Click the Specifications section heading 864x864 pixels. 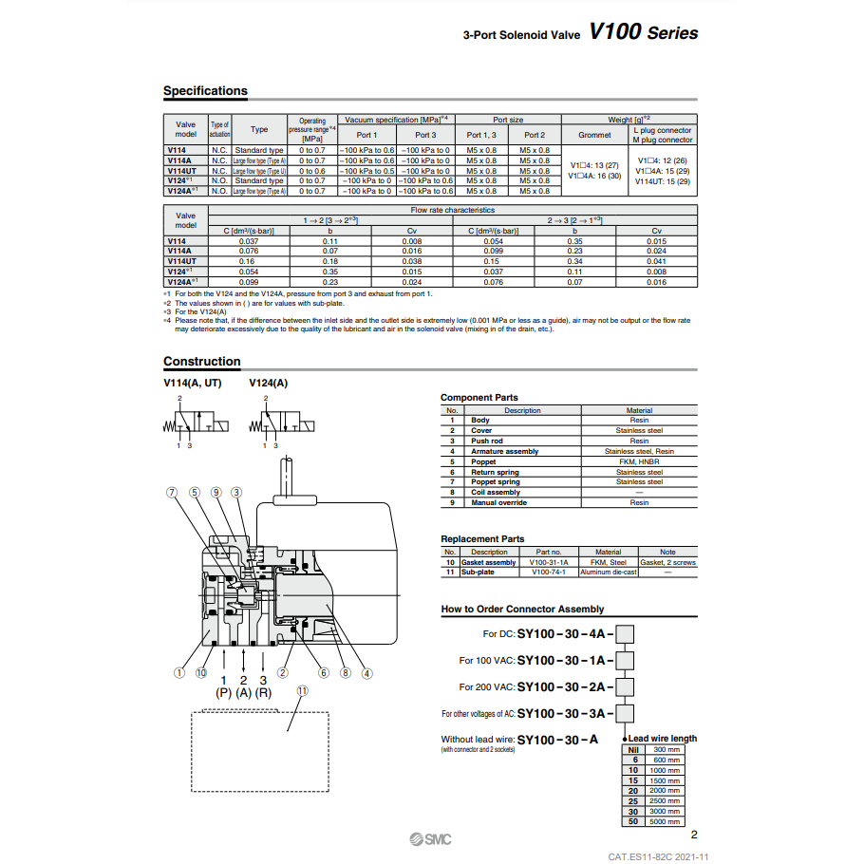(205, 91)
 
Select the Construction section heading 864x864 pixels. (201, 362)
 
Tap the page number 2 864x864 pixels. (694, 836)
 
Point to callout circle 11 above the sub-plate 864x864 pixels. (303, 691)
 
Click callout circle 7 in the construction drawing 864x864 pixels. (172, 492)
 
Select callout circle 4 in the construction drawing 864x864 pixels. (366, 673)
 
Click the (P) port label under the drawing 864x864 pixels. (224, 693)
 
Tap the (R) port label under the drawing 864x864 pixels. (263, 693)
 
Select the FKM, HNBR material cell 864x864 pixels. (639, 461)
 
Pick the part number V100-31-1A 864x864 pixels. (549, 562)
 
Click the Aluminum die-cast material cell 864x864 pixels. (608, 573)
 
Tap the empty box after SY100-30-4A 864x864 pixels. (625, 632)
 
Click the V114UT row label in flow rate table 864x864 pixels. (182, 260)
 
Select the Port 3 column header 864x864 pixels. (425, 135)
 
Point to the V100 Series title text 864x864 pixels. (643, 33)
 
